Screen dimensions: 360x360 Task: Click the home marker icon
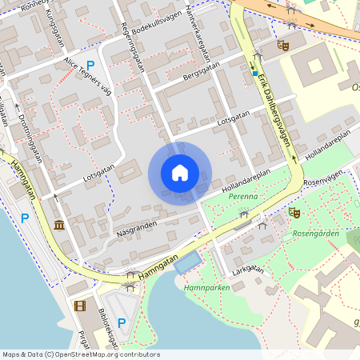(179, 173)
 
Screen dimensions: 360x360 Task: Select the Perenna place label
(242, 195)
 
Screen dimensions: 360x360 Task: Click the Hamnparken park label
(201, 287)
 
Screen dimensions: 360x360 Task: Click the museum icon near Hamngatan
(59, 225)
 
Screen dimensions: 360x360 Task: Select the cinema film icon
(80, 305)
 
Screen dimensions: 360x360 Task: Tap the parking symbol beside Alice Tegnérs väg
(90, 66)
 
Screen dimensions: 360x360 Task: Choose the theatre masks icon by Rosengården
(294, 213)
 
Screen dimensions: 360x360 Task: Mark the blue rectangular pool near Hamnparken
(188, 261)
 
